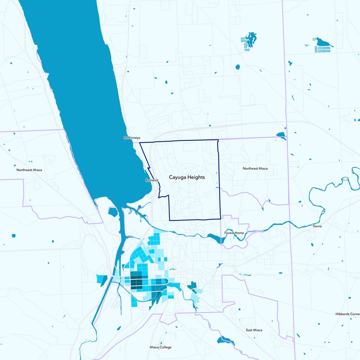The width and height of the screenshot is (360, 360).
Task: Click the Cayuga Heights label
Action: coord(187,177)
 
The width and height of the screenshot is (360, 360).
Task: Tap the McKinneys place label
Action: coord(132,138)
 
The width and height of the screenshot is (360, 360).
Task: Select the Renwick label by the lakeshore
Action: coord(152,180)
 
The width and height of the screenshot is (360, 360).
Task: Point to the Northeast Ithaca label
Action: coord(255,168)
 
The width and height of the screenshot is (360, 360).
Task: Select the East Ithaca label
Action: coord(254,330)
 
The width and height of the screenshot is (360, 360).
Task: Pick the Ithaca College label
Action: coord(160,347)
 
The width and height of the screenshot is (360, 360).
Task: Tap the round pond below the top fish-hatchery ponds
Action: coord(238,67)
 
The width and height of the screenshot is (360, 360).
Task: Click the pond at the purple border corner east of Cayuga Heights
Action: coord(281,135)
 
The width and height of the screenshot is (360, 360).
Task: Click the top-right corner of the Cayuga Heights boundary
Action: coord(218,140)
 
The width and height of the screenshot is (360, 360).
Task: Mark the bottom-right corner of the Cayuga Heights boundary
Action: coord(220,219)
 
